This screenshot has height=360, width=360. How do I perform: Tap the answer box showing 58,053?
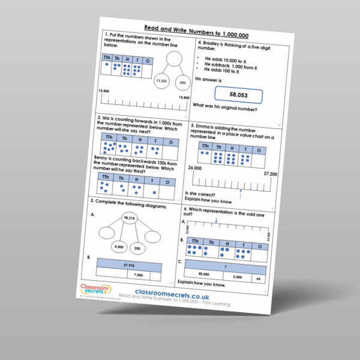coord(238,95)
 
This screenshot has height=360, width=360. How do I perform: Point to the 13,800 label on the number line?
coord(183,98)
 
